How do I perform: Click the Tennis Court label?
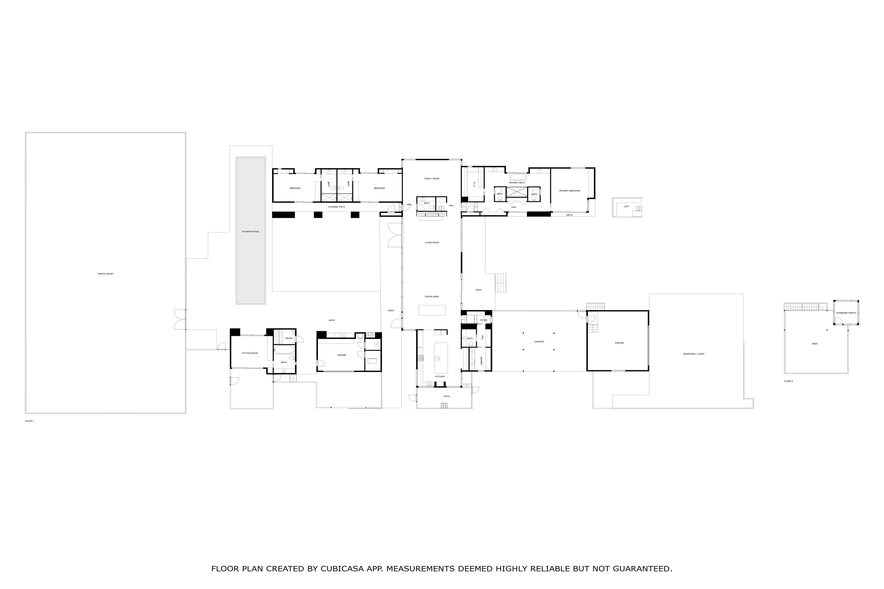click(105, 274)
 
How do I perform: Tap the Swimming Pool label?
click(251, 232)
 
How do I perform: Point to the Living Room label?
click(432, 243)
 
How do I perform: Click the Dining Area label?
click(432, 297)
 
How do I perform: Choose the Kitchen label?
click(440, 376)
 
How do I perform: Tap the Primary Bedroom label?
click(569, 191)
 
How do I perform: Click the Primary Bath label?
click(517, 183)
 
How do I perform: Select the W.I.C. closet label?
click(474, 185)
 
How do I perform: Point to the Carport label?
click(539, 342)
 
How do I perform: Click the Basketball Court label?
click(694, 354)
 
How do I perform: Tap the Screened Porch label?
click(846, 313)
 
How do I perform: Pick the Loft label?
click(626, 207)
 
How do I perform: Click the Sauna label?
click(289, 338)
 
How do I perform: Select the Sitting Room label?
click(250, 353)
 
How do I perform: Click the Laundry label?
click(481, 361)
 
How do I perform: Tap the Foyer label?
click(484, 321)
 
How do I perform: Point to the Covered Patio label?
click(336, 207)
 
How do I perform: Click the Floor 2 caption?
click(788, 381)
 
